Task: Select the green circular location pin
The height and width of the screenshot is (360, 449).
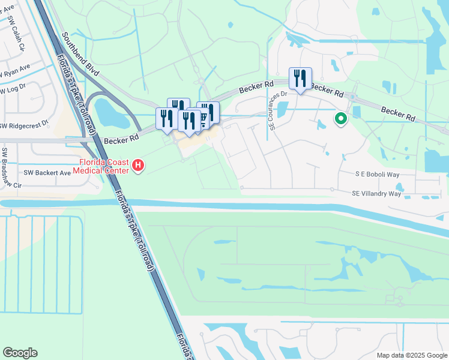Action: point(341,119)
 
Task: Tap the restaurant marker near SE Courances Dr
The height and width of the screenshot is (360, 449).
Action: point(300,79)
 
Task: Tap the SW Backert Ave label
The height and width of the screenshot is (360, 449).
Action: point(47,172)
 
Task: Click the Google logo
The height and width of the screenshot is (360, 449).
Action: point(20,353)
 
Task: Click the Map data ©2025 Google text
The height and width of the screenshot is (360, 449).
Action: point(411,355)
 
